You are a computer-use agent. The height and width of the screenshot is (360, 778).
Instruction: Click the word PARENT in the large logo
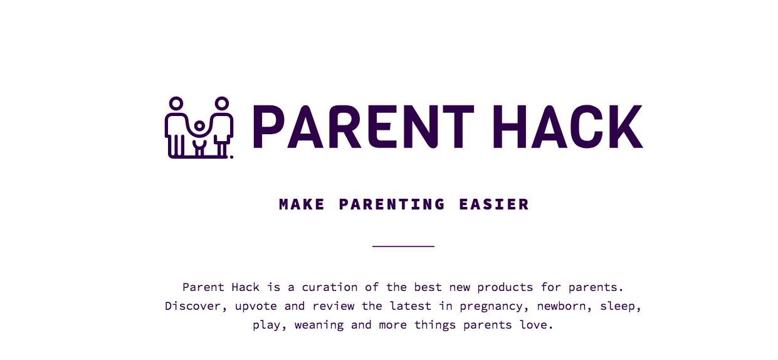click(x=363, y=127)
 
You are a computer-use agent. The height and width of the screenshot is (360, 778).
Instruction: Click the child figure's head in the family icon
click(x=199, y=126)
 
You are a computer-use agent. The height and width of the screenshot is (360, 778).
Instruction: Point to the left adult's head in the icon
click(x=176, y=103)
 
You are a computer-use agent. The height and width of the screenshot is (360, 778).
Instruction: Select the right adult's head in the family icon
click(x=221, y=103)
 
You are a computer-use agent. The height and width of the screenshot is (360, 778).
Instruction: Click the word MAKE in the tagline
click(x=302, y=204)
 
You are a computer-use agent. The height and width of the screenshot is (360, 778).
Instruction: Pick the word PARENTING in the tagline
click(x=392, y=204)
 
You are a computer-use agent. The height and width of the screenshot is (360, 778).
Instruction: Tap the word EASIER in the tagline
click(x=494, y=204)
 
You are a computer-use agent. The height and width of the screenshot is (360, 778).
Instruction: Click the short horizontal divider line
click(x=403, y=246)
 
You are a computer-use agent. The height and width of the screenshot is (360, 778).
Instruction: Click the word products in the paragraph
click(x=505, y=287)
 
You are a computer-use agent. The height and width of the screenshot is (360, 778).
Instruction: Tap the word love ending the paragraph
click(x=540, y=325)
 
